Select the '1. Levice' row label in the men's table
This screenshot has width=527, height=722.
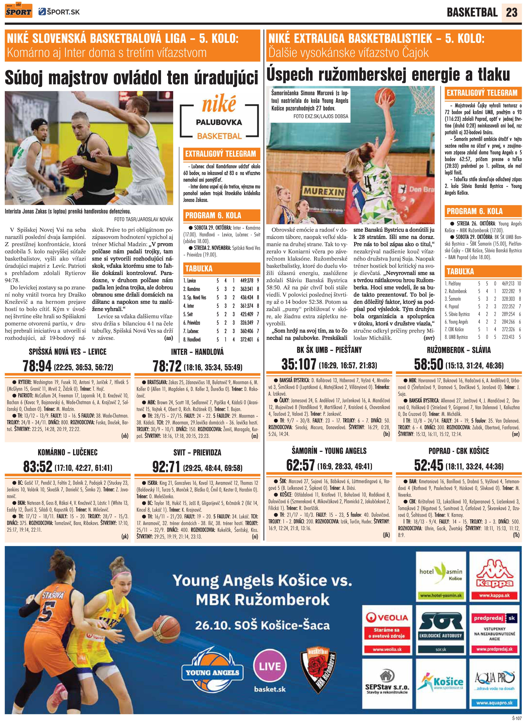coord(190,281)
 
